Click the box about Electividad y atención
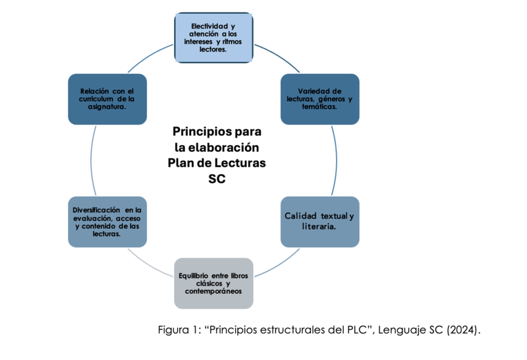coord(213,38)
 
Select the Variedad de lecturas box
coord(319,99)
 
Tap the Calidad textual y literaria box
coord(319,222)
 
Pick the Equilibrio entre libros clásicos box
coord(213,283)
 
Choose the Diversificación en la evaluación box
coord(107,222)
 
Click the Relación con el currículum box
coord(107,99)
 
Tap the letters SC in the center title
coord(217,179)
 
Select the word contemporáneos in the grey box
coord(213,291)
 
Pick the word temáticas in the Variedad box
coord(319,107)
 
